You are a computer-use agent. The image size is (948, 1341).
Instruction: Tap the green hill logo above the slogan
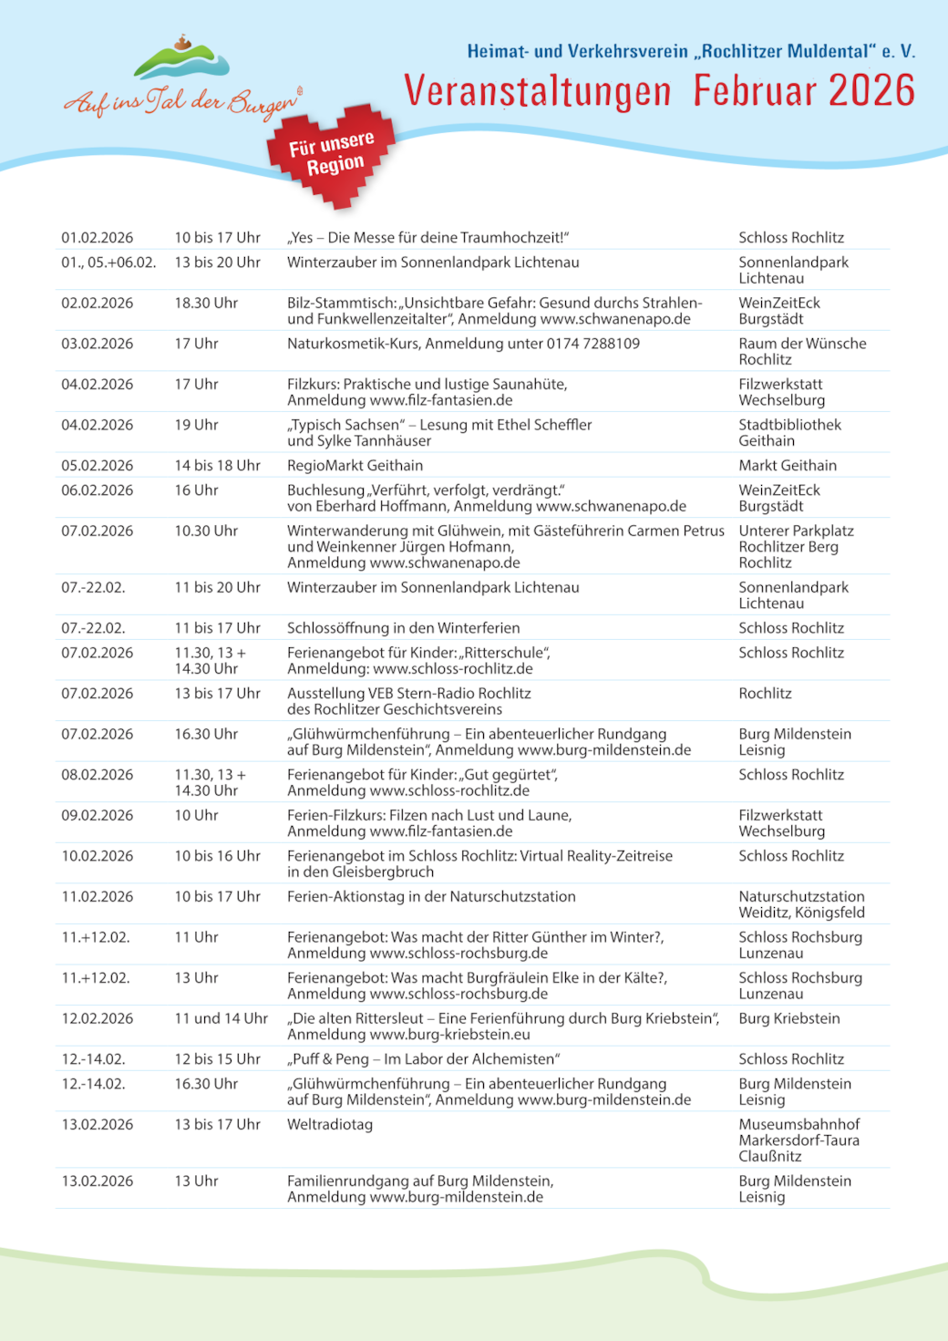tap(181, 60)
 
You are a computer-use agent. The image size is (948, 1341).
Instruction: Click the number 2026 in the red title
tap(871, 91)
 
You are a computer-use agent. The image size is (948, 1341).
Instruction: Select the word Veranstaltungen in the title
tap(538, 92)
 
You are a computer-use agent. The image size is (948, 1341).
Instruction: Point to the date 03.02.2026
tap(98, 344)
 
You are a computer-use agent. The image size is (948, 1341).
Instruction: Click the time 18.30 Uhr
tap(206, 303)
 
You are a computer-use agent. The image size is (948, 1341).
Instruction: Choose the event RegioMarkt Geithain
tap(355, 465)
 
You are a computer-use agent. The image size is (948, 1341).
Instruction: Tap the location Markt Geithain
tap(787, 465)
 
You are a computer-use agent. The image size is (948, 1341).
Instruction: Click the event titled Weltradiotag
tap(329, 1124)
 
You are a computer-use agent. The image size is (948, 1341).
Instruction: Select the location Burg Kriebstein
tap(788, 1018)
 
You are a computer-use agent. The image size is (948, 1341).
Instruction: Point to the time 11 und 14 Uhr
tap(221, 1018)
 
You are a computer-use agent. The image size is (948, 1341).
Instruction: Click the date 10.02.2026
tap(98, 856)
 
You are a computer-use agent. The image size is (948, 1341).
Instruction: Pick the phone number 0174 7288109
tap(592, 344)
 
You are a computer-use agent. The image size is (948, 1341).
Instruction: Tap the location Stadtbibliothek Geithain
tap(789, 432)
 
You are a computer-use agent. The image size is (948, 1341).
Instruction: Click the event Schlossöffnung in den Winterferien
tap(403, 628)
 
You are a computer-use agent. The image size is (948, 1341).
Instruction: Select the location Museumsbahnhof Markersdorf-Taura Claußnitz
tap(799, 1140)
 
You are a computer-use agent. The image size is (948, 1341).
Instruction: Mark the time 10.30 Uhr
tap(206, 531)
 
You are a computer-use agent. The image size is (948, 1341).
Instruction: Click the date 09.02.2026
tap(98, 815)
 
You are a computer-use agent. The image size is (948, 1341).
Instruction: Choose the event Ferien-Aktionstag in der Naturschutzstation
tap(431, 896)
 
